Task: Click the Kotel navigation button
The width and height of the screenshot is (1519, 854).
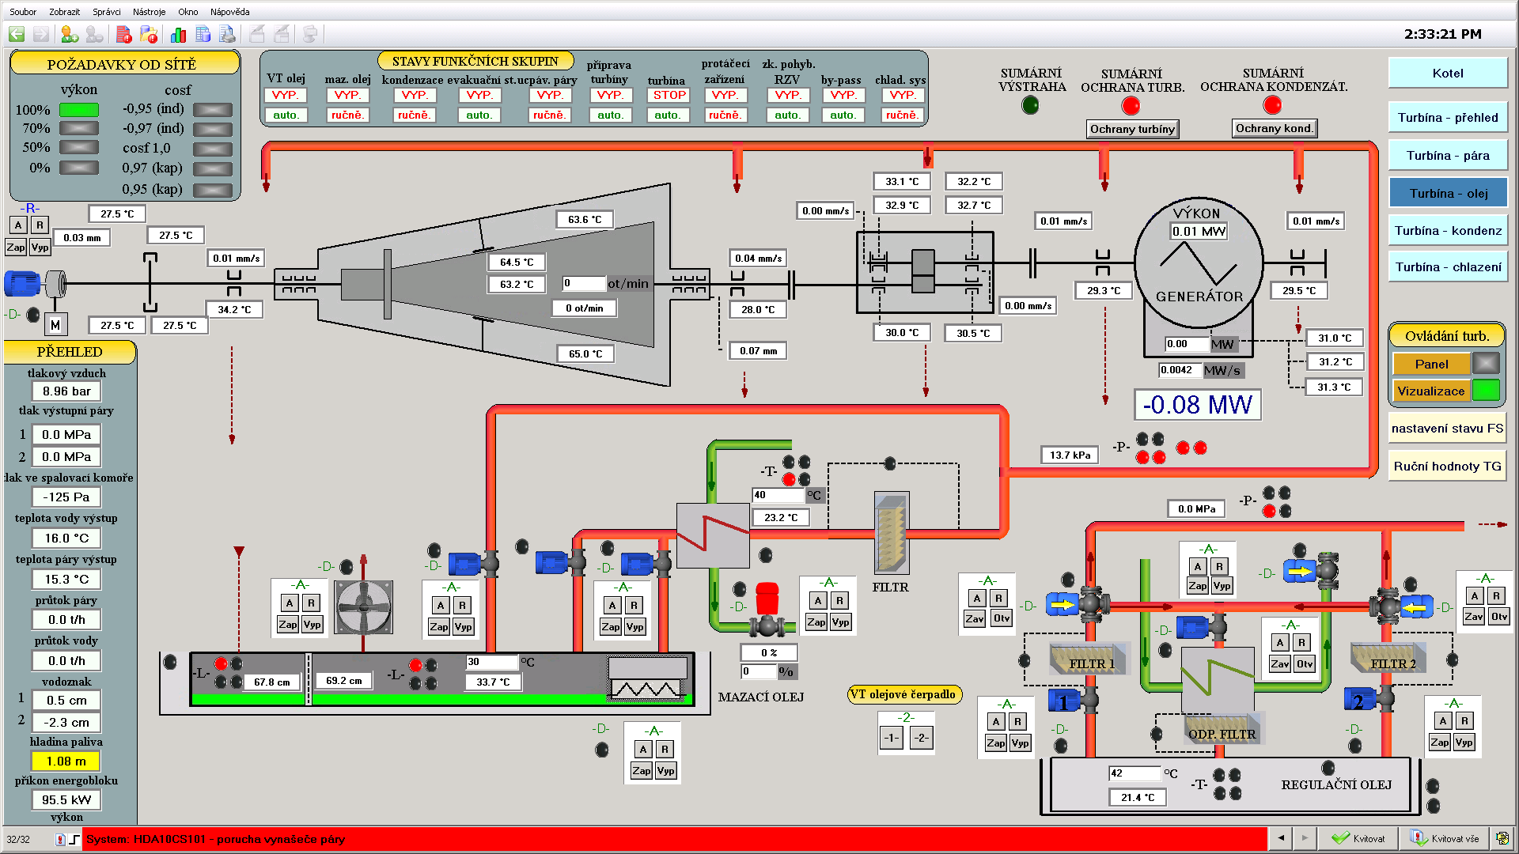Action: click(x=1447, y=73)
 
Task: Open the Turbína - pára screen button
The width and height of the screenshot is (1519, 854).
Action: click(x=1447, y=155)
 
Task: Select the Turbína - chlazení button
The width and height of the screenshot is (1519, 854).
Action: click(x=1447, y=267)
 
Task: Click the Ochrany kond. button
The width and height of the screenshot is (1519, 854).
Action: click(x=1274, y=128)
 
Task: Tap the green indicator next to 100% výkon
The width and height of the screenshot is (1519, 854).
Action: click(x=79, y=110)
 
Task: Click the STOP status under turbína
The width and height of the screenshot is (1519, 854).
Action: click(x=669, y=95)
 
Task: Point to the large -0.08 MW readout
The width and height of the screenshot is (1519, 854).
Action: click(x=1197, y=405)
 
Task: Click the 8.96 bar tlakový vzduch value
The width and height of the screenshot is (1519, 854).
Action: click(x=66, y=391)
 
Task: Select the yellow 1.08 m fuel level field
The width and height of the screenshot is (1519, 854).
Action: click(x=66, y=761)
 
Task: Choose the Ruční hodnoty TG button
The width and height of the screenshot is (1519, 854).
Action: click(x=1447, y=467)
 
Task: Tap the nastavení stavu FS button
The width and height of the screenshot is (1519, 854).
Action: click(x=1447, y=429)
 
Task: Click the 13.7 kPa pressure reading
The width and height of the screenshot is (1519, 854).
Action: click(x=1070, y=455)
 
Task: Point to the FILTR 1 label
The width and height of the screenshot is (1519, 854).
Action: click(x=1091, y=663)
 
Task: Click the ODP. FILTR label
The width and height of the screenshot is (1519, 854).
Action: click(x=1222, y=734)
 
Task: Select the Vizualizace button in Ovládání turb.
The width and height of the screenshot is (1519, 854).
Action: click(x=1430, y=391)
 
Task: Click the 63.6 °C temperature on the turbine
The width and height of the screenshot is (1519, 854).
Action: click(x=585, y=219)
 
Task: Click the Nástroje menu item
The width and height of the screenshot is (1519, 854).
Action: click(x=149, y=12)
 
